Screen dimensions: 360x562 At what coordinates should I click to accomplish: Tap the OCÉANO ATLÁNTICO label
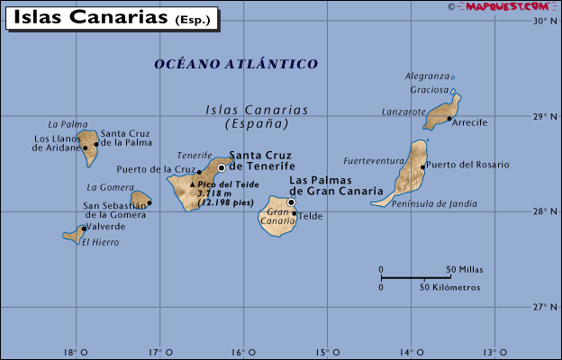coord(236,64)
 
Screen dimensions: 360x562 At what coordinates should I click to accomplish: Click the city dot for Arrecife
coord(449,118)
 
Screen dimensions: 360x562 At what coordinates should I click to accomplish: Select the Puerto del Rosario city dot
coord(422,166)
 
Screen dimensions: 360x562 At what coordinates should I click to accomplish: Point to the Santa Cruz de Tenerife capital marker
coord(222,167)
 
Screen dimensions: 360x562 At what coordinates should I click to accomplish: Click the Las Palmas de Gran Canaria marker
coord(291,202)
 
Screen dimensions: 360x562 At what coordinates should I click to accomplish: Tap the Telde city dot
coord(294,214)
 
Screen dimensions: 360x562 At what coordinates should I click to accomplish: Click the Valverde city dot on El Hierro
coord(84,228)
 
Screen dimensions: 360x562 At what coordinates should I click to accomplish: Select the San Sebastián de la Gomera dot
coord(149,202)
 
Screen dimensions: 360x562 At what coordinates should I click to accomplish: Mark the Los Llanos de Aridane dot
coord(85,148)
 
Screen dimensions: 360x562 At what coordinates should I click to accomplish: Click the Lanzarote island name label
coord(403,112)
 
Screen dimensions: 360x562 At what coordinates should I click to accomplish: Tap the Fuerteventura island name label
coord(374,161)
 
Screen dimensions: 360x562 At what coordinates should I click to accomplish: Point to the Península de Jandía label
coord(435,204)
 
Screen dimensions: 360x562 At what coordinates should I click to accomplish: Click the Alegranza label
coord(427,77)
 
